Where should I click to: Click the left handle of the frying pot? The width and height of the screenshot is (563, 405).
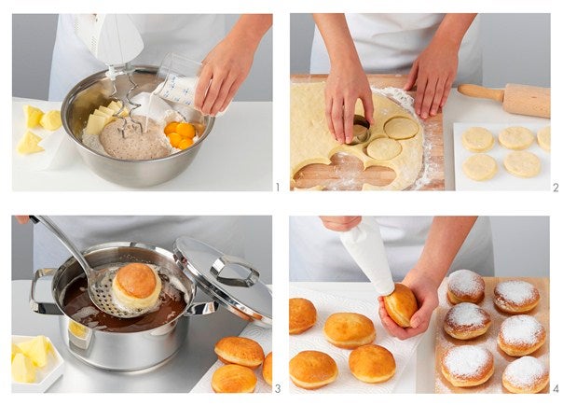[x=41, y=291]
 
